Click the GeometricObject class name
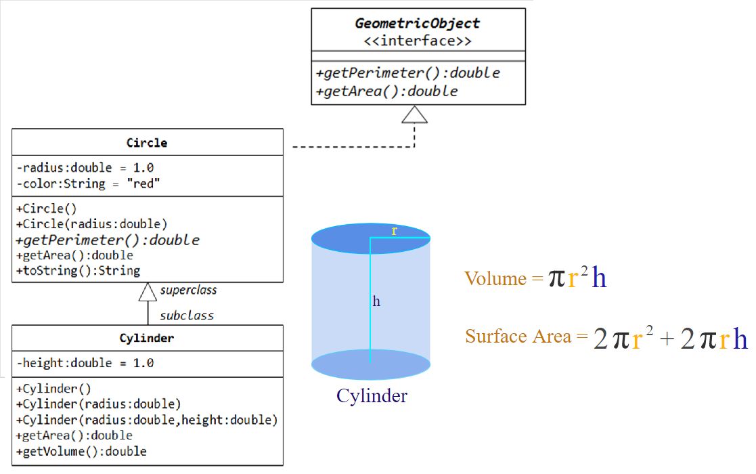418,23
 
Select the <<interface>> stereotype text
418,41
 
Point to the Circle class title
147,143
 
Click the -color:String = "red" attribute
88,184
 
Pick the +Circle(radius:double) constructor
91,224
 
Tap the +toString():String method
78,271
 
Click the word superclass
188,290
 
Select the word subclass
186,316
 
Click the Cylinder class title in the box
147,338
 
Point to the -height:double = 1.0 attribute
85,363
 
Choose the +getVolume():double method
81,451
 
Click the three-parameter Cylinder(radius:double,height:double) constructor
147,420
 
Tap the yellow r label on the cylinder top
395,231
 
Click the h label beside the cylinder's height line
376,301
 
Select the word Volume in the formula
495,278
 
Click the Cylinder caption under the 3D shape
372,396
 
